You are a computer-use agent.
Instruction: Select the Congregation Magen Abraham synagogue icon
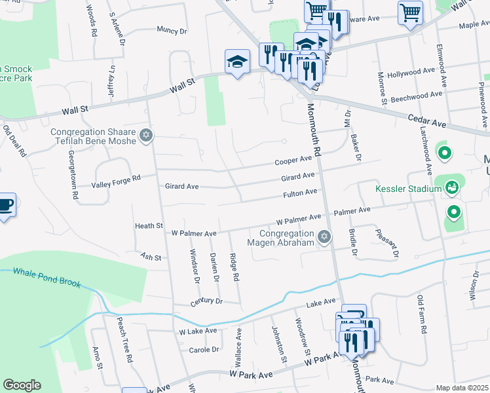coord(324,237)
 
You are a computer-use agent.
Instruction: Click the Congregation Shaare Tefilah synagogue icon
coord(147,136)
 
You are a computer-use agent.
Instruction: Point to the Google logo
coord(22,385)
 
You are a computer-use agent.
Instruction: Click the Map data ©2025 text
coord(462,388)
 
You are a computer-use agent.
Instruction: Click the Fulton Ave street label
coord(299,193)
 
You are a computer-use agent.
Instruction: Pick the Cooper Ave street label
coord(293,160)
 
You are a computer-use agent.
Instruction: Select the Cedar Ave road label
coord(426,122)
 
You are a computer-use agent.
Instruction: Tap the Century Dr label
coord(207,301)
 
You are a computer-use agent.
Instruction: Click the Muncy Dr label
coord(172,30)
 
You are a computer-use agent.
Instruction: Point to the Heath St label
coord(149,225)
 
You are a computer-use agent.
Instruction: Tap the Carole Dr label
coord(204,349)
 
